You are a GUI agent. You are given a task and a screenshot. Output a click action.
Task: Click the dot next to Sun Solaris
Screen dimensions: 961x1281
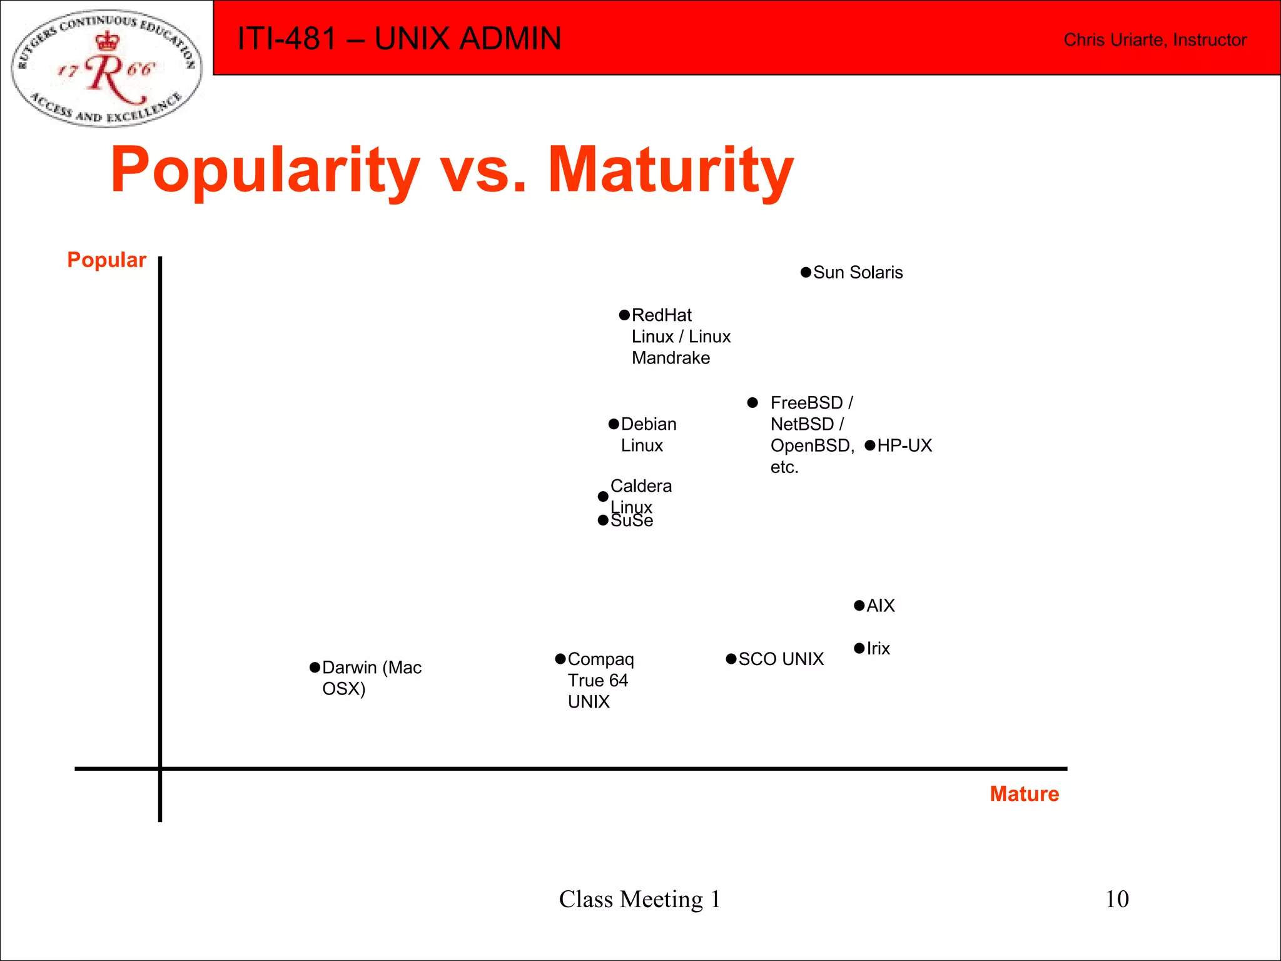806,273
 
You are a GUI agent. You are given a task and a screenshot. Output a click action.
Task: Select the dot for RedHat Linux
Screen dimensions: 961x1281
624,315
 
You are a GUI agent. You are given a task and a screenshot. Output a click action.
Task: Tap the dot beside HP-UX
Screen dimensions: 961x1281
870,445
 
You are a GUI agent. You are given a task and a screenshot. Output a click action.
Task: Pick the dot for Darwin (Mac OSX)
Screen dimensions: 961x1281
315,668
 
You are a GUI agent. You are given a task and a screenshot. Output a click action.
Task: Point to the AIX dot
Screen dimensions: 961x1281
859,606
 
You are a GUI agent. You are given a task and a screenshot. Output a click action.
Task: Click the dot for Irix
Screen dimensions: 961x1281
859,648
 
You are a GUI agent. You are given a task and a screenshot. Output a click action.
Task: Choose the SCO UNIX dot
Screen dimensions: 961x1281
731,659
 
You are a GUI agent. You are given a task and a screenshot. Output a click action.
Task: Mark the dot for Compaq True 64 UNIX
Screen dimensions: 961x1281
560,659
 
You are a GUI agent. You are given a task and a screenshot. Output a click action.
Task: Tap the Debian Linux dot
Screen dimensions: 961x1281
614,424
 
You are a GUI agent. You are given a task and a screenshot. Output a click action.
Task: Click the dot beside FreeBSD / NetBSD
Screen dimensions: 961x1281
753,403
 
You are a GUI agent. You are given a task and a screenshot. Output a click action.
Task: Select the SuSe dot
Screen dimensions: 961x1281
603,521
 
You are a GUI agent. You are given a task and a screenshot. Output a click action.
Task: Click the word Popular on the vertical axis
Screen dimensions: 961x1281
106,260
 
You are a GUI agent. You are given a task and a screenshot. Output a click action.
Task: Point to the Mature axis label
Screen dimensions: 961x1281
1024,794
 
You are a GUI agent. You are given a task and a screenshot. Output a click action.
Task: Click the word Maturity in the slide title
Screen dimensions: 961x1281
671,170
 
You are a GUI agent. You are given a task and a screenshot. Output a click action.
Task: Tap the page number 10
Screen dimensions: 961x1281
1117,899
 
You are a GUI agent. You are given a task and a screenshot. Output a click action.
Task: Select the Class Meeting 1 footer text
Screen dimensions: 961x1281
639,899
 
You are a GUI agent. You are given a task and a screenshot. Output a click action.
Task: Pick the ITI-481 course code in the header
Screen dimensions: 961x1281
287,39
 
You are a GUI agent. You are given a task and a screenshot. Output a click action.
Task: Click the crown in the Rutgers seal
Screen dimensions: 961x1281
108,42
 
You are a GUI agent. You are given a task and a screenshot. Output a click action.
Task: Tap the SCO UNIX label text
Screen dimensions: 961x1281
781,659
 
